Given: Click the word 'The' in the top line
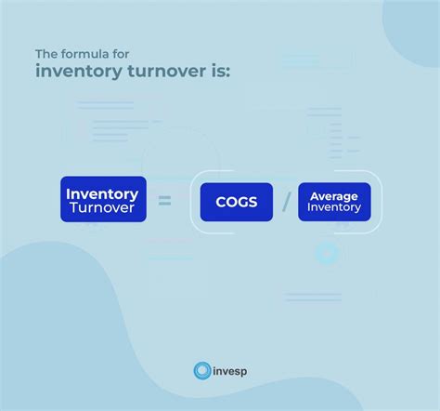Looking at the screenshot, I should (x=47, y=53).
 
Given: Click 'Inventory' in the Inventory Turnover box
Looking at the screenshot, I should (x=102, y=193).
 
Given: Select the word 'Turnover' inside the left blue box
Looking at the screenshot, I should (x=102, y=208).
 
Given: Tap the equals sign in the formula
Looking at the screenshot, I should (x=165, y=200).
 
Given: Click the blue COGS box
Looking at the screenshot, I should (x=237, y=202).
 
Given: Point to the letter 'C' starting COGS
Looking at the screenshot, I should (x=220, y=202).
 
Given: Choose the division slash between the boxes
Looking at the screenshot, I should (x=286, y=202).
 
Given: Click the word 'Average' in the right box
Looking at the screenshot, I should (x=334, y=195).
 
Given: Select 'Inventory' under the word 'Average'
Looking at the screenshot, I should (x=334, y=208).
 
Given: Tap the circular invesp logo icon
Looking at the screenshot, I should (x=201, y=371).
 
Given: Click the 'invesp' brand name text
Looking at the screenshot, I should (x=229, y=371).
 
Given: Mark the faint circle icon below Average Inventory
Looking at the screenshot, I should (x=326, y=252).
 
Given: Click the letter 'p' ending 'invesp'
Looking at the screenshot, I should (x=243, y=372).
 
